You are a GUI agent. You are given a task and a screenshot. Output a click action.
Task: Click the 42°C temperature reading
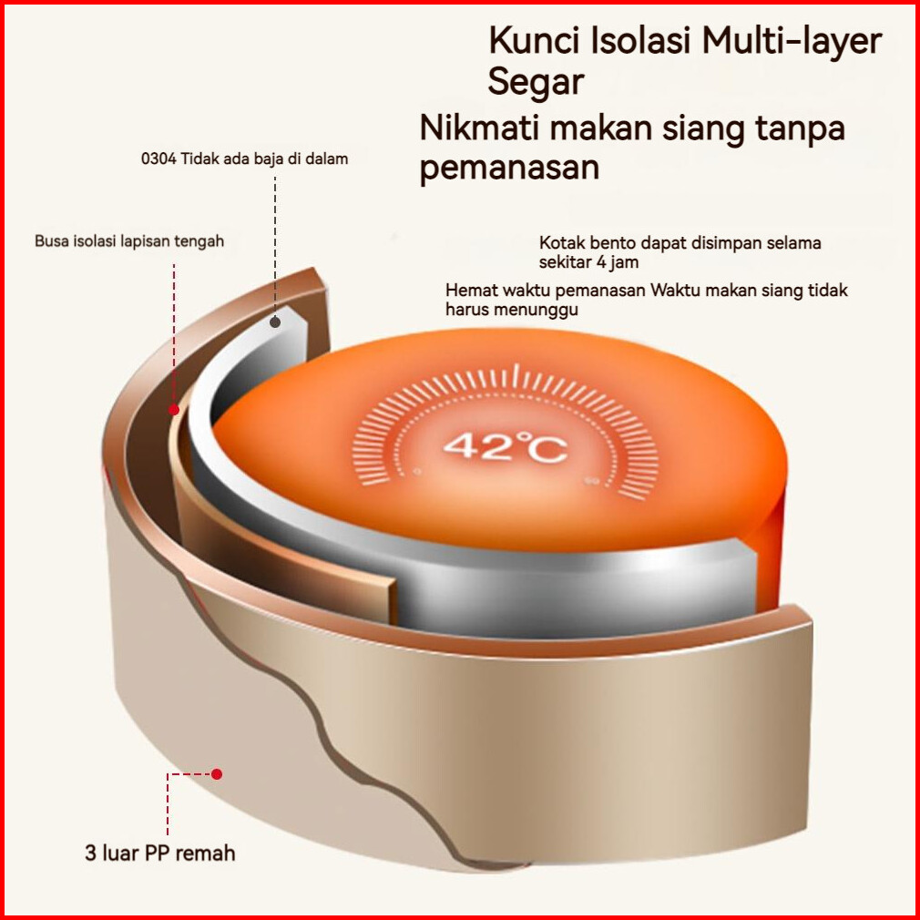[x=506, y=446]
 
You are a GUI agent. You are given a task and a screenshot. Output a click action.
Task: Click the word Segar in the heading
[x=535, y=83]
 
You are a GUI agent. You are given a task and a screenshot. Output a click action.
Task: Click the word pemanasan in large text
[x=509, y=169]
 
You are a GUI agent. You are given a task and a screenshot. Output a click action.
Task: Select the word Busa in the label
[x=51, y=241]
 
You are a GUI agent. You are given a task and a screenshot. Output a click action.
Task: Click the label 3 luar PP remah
[x=160, y=854]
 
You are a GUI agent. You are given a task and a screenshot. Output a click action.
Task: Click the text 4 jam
[x=616, y=262]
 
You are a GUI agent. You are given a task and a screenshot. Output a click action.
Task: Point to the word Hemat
[x=467, y=291]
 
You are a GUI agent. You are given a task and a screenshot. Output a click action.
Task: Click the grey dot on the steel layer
[x=275, y=322]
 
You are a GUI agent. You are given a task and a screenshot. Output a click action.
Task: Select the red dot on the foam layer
[x=173, y=410]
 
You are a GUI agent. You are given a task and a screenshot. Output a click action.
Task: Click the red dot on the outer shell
[x=217, y=774]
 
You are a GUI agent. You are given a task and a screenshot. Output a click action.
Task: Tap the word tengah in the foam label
[x=200, y=241]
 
